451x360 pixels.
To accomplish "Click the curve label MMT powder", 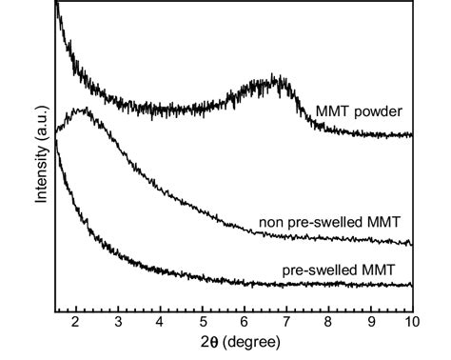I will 359,111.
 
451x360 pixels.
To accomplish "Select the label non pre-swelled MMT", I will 329,223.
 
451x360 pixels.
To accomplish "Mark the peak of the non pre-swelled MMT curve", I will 84,110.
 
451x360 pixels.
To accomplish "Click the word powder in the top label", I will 380,111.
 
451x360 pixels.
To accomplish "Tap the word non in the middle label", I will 271,223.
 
